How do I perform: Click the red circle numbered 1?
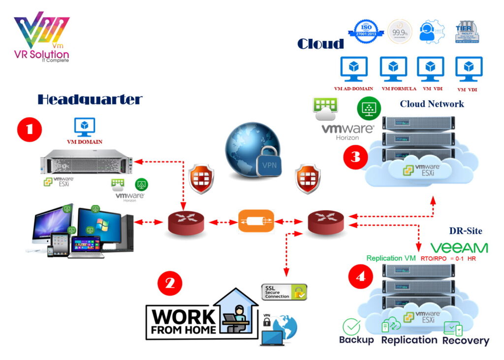coord(30,129)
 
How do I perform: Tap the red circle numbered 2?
coord(170,283)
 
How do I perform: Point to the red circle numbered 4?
coord(360,277)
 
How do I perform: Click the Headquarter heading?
coord(90,99)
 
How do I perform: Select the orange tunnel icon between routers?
coord(256,221)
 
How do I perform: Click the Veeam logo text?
coord(459,248)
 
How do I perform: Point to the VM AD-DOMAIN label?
coord(353,89)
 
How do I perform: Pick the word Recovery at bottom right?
coord(466,340)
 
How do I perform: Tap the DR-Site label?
coord(465,231)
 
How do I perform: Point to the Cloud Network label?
coord(431,104)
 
